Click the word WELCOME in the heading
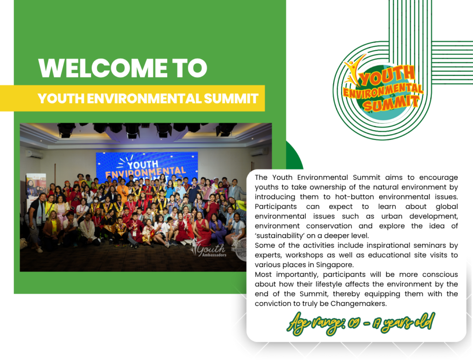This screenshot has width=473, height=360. [103, 67]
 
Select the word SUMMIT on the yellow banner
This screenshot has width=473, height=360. [231, 99]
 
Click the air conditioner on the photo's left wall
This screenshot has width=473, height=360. [35, 154]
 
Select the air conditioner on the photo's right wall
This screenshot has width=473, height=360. [259, 152]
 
